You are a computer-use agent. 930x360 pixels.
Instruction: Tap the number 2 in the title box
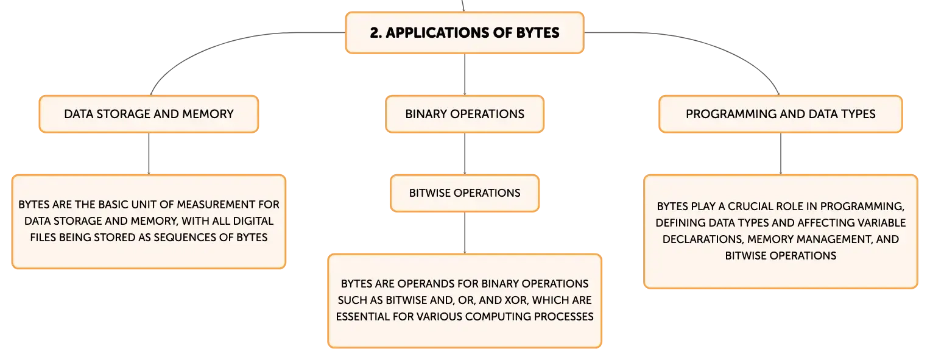coord(374,33)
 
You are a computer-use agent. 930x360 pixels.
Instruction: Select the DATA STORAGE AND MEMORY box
coord(149,114)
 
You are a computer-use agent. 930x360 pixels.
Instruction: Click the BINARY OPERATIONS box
coord(465,114)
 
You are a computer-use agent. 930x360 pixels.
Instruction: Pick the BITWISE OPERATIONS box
coord(465,193)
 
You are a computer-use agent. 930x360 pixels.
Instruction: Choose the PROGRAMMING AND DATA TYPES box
coord(781,114)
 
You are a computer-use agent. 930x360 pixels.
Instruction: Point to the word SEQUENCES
coord(183,238)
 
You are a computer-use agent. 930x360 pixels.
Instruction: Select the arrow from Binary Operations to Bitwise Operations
coord(465,154)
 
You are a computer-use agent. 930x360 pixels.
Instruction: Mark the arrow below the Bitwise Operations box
coord(465,233)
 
